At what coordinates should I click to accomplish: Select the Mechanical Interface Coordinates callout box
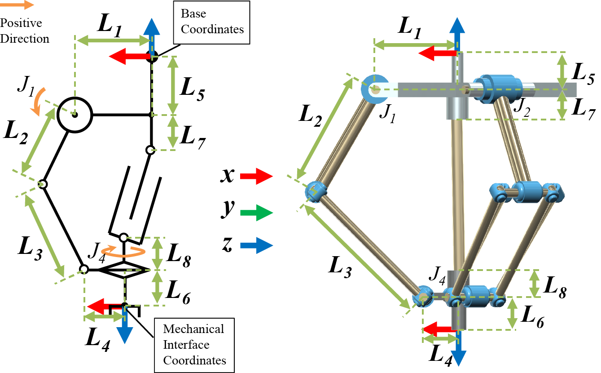click(x=194, y=345)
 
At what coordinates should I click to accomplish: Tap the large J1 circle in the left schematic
click(x=75, y=115)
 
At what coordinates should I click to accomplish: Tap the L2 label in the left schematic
click(x=17, y=133)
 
